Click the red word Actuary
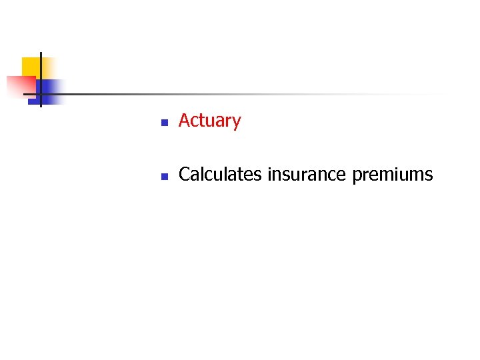(209, 121)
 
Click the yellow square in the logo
(31, 67)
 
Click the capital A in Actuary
(185, 121)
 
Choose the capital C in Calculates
(185, 175)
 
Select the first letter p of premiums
(356, 177)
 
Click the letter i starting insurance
(269, 174)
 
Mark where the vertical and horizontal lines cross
(41, 94)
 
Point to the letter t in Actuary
(202, 121)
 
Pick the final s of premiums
(429, 176)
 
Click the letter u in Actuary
(209, 123)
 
